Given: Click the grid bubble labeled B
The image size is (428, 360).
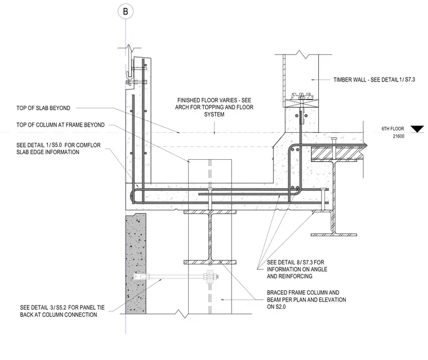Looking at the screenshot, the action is click(126, 11).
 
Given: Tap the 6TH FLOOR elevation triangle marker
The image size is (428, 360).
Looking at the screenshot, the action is click(417, 129).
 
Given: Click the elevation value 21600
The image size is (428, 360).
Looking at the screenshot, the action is click(399, 136).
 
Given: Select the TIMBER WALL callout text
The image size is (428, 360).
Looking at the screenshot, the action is click(374, 80).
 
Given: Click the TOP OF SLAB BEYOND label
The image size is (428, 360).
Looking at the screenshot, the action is click(43, 108).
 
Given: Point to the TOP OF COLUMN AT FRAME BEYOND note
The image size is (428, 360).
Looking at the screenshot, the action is click(60, 125).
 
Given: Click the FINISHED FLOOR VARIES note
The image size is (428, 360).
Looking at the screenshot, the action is click(214, 107).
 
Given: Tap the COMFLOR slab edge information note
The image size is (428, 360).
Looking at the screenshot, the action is click(59, 148).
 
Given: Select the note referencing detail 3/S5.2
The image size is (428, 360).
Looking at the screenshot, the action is click(63, 311).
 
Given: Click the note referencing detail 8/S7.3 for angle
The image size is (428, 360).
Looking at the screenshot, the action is click(297, 269).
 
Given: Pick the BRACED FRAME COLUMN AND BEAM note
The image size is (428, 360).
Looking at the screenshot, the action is click(306, 299).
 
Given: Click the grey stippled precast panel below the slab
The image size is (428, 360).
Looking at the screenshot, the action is click(136, 263).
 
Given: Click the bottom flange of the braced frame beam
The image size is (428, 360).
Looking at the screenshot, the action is click(210, 262).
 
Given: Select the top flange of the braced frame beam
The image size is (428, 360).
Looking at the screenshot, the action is click(210, 212).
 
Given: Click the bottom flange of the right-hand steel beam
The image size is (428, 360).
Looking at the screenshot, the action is click(333, 235).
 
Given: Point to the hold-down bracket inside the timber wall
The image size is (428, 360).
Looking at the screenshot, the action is click(301, 96).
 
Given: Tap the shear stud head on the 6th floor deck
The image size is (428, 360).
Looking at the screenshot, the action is click(334, 139).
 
